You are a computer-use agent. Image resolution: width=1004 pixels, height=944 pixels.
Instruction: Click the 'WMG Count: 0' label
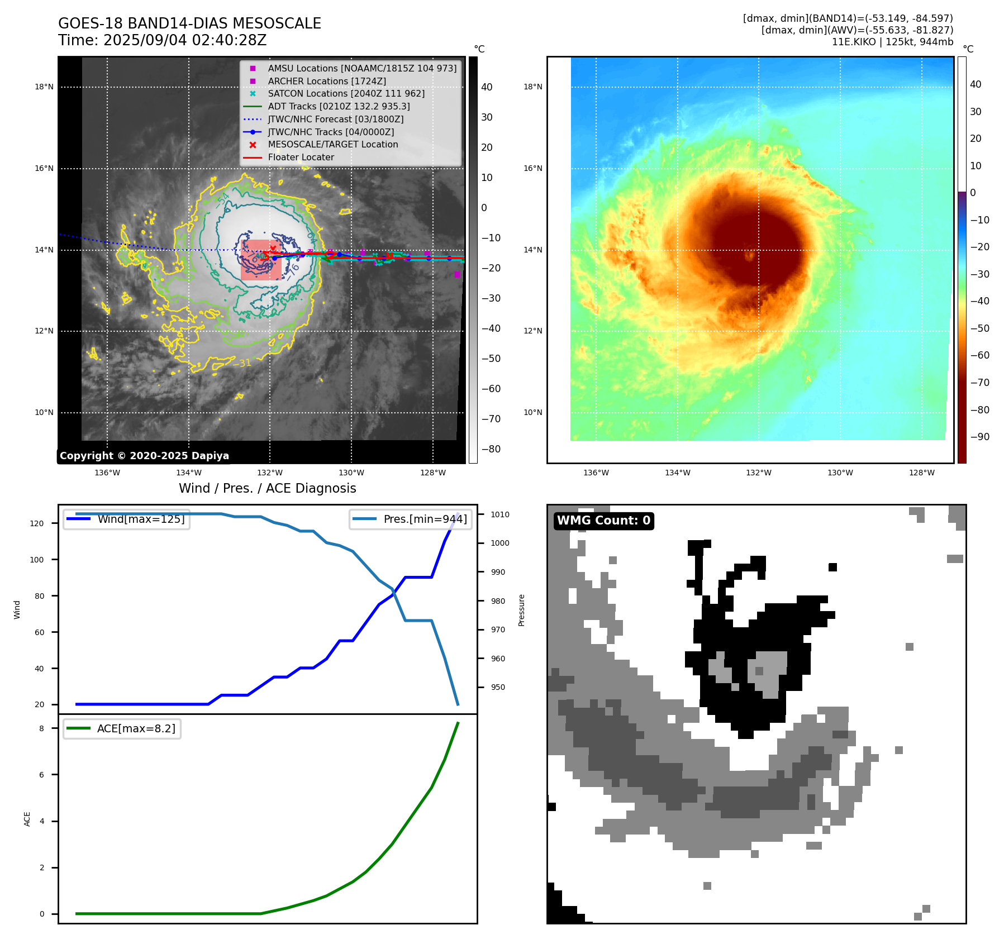point(603,521)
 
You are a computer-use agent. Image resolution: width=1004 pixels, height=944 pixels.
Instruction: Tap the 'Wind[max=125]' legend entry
point(141,519)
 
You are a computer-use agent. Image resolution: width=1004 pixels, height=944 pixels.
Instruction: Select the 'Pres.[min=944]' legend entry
point(425,519)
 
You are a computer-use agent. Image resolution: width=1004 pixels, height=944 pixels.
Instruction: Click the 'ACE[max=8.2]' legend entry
point(136,728)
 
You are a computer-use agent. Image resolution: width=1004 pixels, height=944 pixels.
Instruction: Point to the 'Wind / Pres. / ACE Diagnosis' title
point(267,488)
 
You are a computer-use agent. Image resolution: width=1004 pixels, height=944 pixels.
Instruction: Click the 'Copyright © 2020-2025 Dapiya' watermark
point(144,456)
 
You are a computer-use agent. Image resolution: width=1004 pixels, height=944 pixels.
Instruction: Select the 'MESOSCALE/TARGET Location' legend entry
point(332,144)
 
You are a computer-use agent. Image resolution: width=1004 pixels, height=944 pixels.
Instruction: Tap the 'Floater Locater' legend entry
point(301,157)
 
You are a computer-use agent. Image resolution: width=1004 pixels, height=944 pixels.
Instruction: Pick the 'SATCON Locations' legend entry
point(346,93)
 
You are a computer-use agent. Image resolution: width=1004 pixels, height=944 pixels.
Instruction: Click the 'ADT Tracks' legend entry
point(339,106)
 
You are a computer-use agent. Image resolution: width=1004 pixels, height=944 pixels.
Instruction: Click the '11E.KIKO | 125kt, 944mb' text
point(892,42)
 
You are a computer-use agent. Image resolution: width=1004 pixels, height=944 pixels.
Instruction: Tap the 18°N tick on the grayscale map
point(44,87)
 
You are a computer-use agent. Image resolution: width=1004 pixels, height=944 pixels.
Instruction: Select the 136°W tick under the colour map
point(596,473)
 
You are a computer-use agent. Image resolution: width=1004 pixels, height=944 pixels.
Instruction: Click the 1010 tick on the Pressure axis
point(500,514)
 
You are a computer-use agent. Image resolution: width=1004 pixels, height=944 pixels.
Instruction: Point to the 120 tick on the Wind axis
point(37,523)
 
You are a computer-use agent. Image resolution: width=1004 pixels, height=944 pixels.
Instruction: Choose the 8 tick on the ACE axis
point(41,728)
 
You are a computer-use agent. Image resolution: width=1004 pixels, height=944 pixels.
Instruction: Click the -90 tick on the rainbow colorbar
point(979,437)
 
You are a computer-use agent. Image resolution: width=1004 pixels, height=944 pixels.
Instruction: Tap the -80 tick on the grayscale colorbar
point(491,449)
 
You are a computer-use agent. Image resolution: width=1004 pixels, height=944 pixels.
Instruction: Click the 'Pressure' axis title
point(521,610)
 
